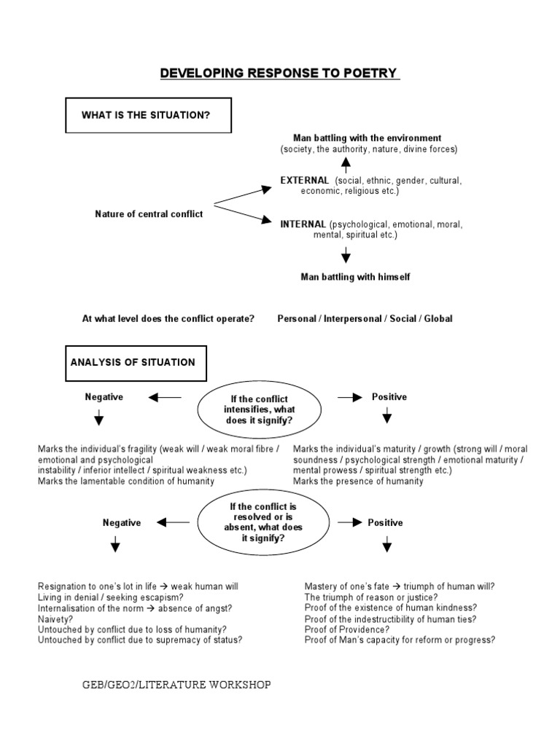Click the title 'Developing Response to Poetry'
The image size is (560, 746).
(x=279, y=73)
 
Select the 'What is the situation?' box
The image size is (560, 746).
(x=149, y=114)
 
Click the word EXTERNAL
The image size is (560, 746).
(x=305, y=180)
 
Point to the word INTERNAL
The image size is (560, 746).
(x=303, y=224)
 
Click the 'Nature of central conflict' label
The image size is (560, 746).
(x=149, y=213)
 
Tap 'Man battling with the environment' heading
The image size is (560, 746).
(x=367, y=138)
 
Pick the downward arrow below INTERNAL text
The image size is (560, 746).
(x=346, y=254)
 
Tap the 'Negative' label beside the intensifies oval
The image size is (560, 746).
(x=104, y=397)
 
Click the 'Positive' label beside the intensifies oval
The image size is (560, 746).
(x=389, y=397)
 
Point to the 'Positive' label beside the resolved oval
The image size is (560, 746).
(x=385, y=522)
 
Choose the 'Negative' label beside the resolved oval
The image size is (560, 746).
(x=122, y=522)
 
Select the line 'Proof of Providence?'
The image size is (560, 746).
(x=347, y=629)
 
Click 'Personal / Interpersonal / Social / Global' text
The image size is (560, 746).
(x=365, y=319)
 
